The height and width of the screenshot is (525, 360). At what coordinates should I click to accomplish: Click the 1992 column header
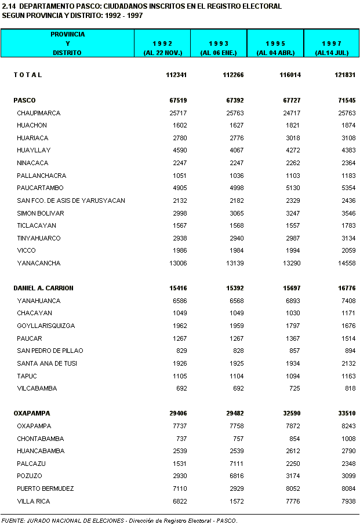[162, 48]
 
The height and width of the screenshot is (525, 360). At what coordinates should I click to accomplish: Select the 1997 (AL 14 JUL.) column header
[332, 48]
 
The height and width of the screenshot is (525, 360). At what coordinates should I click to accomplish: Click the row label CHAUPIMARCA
[38, 113]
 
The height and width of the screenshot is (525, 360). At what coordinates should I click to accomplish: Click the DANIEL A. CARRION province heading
[43, 288]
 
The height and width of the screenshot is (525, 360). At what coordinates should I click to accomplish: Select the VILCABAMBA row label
[37, 388]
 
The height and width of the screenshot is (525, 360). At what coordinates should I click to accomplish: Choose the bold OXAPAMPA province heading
[32, 413]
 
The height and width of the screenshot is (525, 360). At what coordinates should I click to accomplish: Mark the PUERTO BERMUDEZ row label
[45, 488]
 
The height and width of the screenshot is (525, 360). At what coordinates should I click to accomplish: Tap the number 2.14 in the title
[9, 6]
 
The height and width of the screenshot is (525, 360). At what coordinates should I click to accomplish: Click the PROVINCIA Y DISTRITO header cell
[67, 43]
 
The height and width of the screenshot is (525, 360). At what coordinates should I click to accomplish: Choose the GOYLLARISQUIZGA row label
[46, 326]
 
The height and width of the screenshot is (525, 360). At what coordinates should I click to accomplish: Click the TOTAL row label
[28, 75]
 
